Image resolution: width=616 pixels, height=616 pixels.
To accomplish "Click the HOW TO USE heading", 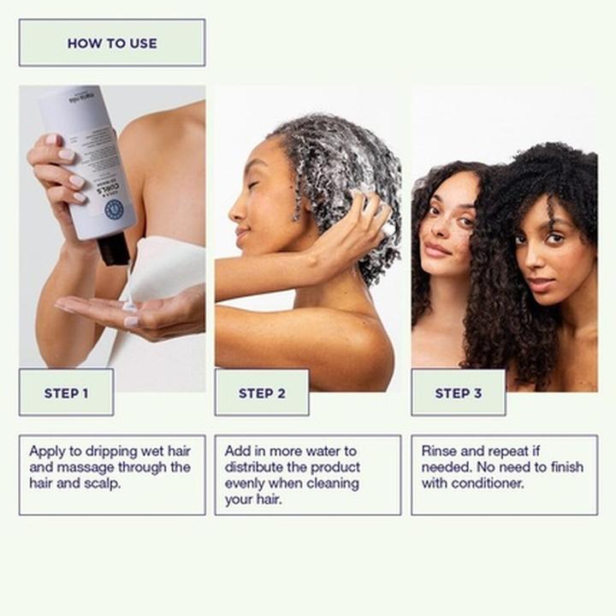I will pyautogui.click(x=112, y=43).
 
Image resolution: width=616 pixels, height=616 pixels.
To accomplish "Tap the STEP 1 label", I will pyautogui.click(x=66, y=394).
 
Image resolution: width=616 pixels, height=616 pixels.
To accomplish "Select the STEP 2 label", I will pyautogui.click(x=262, y=394).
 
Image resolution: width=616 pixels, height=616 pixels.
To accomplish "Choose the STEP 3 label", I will pyautogui.click(x=459, y=394).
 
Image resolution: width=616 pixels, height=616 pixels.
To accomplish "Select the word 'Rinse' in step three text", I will pyautogui.click(x=439, y=451).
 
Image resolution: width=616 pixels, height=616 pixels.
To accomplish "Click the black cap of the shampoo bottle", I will pyautogui.click(x=113, y=249).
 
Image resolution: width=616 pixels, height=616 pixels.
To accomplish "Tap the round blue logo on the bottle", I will pyautogui.click(x=114, y=210).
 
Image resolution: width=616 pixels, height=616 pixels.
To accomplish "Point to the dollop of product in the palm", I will pyautogui.click(x=129, y=305).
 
